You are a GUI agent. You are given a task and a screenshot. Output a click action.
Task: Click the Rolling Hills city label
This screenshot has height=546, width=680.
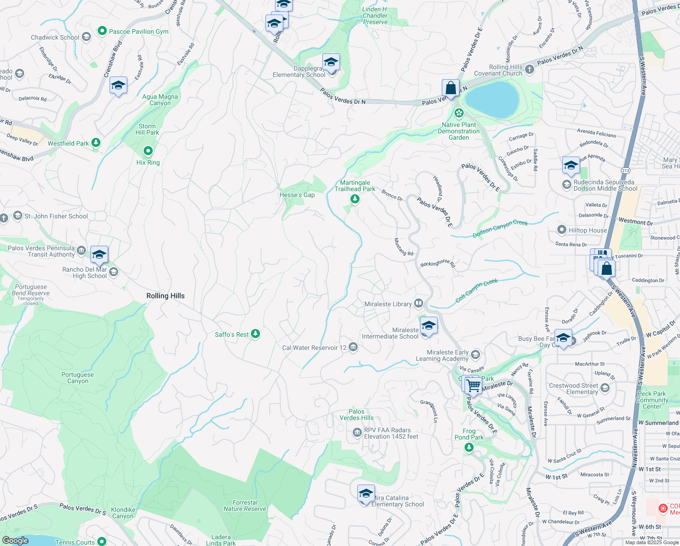pyautogui.click(x=165, y=296)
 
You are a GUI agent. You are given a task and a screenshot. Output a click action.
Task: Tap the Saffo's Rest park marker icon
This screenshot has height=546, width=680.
pyautogui.click(x=255, y=334)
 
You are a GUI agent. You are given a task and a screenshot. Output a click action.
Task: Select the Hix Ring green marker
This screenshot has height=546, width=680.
pyautogui.click(x=148, y=151)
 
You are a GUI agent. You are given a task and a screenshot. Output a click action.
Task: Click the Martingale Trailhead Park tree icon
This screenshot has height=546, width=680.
pyautogui.click(x=355, y=199)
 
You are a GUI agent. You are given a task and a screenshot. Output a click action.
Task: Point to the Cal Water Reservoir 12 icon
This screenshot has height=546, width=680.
pyautogui.click(x=353, y=348)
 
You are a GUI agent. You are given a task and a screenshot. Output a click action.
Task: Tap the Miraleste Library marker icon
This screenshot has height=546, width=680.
pyautogui.click(x=419, y=303)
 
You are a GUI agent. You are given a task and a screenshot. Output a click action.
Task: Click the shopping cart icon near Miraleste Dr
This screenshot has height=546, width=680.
pyautogui.click(x=474, y=385)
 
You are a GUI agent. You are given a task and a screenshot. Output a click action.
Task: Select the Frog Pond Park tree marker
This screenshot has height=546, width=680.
pyautogui.click(x=469, y=447)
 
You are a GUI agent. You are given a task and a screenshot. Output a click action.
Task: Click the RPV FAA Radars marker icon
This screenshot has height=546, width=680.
pyautogui.click(x=357, y=433)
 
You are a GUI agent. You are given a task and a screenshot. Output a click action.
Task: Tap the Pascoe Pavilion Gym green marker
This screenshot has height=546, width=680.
pyautogui.click(x=102, y=31)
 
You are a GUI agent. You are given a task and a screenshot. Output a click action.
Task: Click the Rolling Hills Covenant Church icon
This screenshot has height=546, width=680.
pyautogui.click(x=529, y=70)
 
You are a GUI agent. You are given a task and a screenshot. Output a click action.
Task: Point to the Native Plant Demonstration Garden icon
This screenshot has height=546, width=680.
pyautogui.click(x=459, y=113)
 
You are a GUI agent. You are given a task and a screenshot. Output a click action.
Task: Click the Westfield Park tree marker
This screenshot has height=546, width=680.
pyautogui.click(x=95, y=143)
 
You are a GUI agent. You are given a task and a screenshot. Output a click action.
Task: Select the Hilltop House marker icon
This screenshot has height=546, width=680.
pyautogui.click(x=562, y=230)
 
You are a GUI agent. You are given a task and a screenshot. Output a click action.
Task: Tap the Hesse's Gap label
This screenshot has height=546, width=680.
pyautogui.click(x=297, y=195)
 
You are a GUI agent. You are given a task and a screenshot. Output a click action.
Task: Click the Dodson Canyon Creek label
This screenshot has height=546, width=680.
pyautogui.click(x=500, y=229)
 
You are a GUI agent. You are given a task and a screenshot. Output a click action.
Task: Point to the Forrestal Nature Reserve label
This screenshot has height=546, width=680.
pyautogui.click(x=245, y=506)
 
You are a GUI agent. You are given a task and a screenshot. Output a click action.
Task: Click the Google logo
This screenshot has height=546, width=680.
pyautogui.click(x=15, y=540)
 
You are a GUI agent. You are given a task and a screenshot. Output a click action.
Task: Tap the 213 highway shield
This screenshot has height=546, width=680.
pyautogui.click(x=626, y=171)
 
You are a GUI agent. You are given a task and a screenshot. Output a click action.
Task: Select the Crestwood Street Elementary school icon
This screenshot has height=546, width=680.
pyautogui.click(x=605, y=388)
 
